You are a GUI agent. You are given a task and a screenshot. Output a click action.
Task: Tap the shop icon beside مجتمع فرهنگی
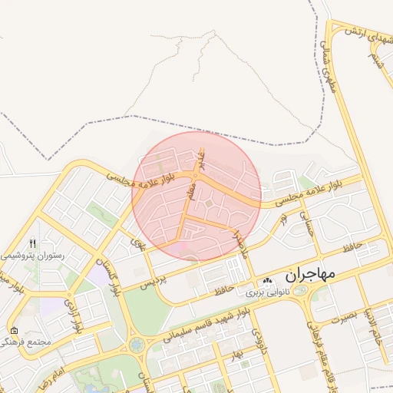pos(14,330)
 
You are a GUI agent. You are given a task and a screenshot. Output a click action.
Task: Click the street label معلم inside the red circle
pos(191,187)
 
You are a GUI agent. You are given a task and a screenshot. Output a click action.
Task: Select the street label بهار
pos(236,352)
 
